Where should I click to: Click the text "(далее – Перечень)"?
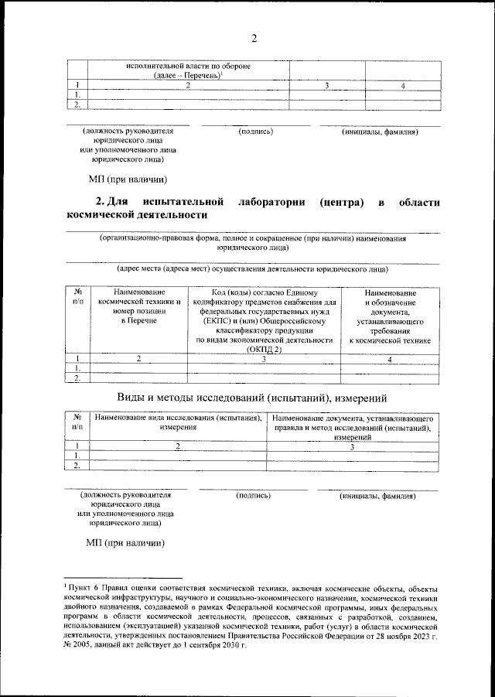(x=187, y=75)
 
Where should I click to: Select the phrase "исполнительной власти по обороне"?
(x=188, y=66)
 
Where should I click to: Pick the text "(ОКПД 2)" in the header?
(x=264, y=350)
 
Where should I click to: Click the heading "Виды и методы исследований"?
(x=252, y=398)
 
